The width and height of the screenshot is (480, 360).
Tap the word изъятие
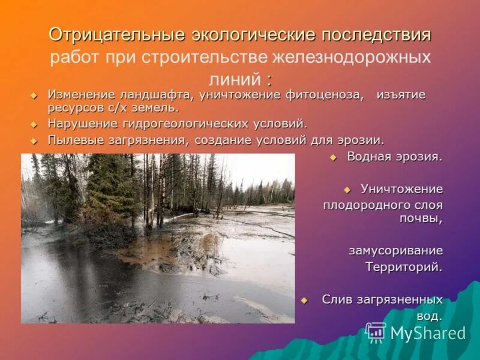[x=401, y=96]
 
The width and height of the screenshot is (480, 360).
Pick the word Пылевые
[x=73, y=140]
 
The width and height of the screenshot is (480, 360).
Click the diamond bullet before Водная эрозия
[x=334, y=157]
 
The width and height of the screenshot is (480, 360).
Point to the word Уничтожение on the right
[x=401, y=189]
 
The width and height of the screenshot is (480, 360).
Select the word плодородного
[x=358, y=205]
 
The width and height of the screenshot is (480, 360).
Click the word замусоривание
[x=395, y=251]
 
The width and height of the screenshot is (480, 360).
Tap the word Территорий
[x=404, y=267]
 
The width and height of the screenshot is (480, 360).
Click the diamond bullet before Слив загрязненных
[x=304, y=299]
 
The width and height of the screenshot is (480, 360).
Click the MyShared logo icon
[x=376, y=331]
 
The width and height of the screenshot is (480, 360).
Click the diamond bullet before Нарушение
[x=34, y=124]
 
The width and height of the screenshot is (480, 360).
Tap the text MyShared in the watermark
[x=428, y=333]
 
